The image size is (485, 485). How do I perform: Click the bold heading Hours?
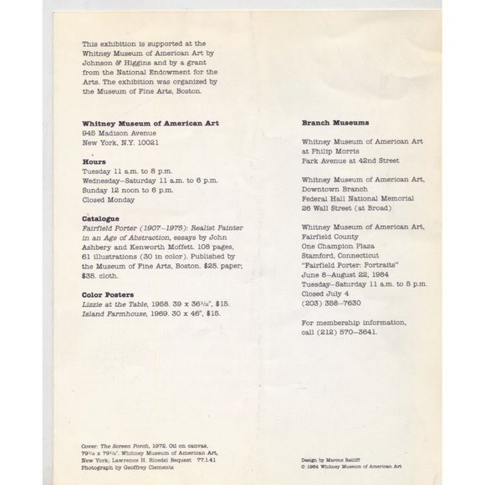(x=94, y=161)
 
